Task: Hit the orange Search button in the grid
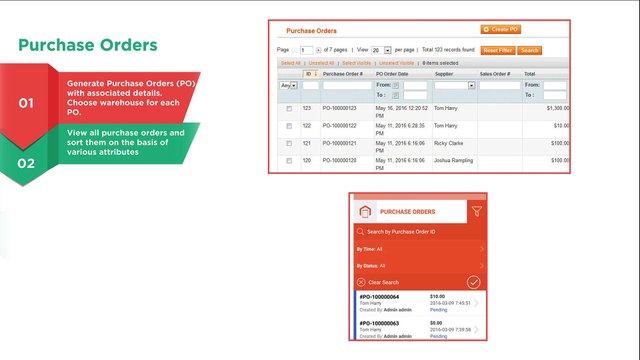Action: point(530,49)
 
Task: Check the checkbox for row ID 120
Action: point(288,160)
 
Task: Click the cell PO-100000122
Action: point(341,126)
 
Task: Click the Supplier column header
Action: point(444,73)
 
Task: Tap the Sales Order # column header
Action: point(496,73)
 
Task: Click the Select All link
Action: point(290,62)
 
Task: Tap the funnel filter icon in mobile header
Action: point(476,211)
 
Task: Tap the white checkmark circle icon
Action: point(474,282)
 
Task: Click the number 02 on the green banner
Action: point(26,162)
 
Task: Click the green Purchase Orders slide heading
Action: point(88,45)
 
